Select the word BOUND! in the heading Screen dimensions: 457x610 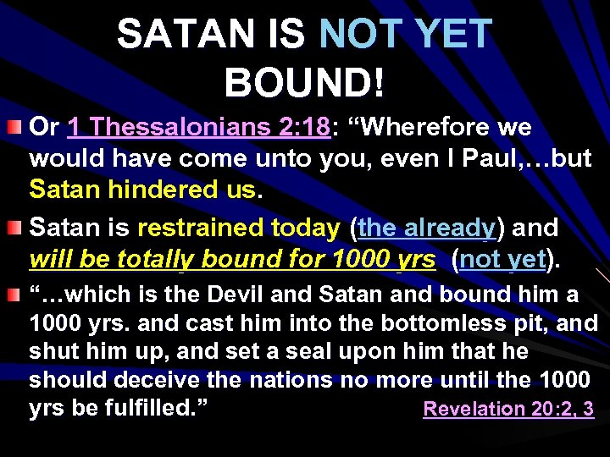point(305,82)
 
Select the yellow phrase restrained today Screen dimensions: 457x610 point(238,228)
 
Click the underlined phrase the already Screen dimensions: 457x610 point(425,228)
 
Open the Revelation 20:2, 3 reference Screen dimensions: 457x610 point(508,410)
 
